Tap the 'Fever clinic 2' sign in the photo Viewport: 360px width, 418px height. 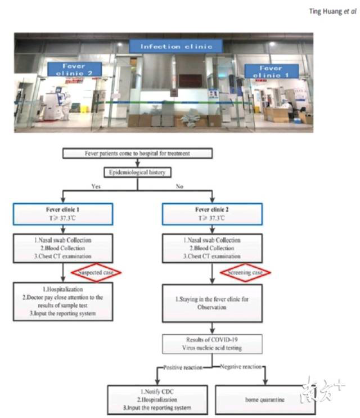coord(74,69)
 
